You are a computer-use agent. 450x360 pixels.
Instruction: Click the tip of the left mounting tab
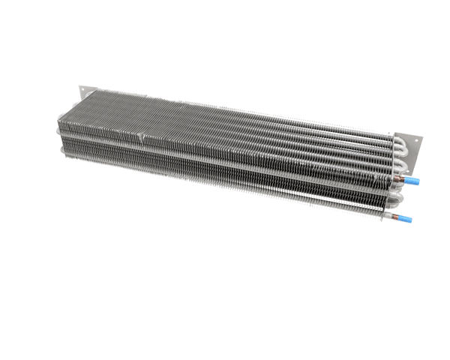tap(79, 88)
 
